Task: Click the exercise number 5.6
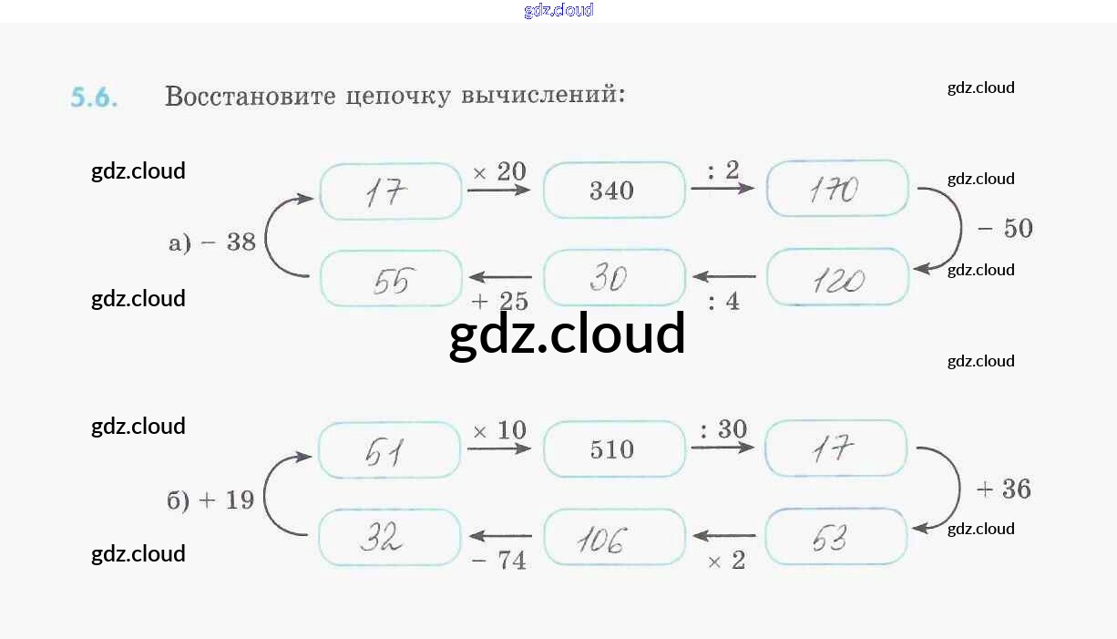pos(94,98)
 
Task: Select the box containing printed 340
pos(613,191)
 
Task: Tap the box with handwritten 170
pos(837,190)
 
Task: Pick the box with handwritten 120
pos(837,278)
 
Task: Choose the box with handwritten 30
pos(613,278)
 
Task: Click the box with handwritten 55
pos(391,279)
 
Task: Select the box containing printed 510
pos(613,449)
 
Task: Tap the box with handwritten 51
pos(389,450)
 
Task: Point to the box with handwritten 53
pos(835,538)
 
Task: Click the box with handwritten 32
pos(389,538)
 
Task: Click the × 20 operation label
pos(499,171)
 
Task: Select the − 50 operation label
pos(1005,228)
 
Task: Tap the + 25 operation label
pos(499,302)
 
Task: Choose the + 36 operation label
pos(1003,490)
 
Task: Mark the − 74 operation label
pos(499,560)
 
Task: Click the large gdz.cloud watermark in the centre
pos(567,334)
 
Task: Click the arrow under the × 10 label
pos(498,448)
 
